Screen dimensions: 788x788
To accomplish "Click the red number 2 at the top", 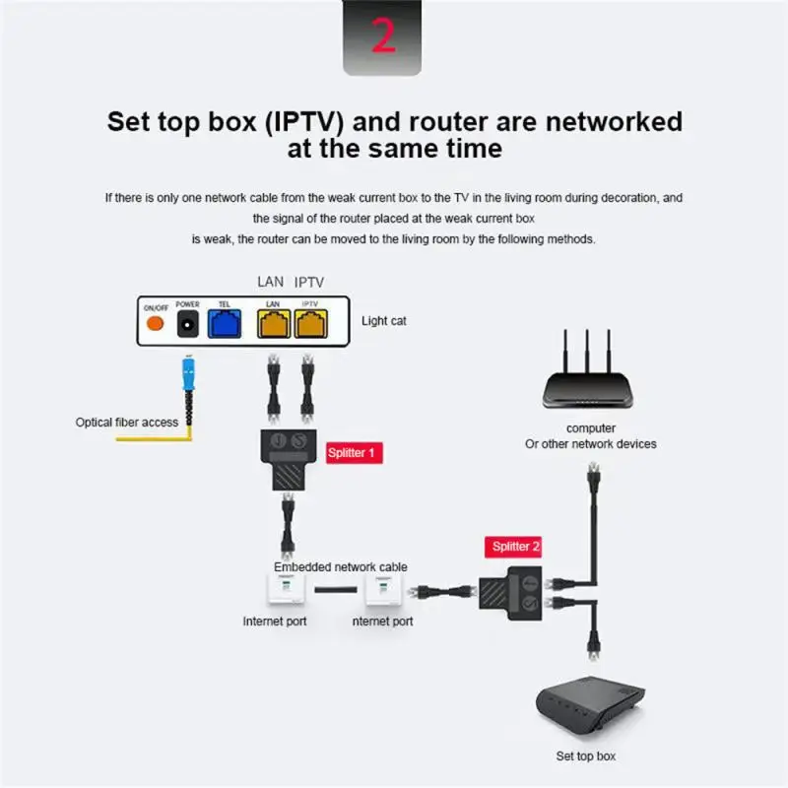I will click(383, 36).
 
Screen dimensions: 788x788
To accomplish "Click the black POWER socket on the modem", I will click(187, 325).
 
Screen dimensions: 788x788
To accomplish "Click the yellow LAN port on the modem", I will click(273, 325).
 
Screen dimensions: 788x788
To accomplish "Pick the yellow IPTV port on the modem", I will click(310, 325).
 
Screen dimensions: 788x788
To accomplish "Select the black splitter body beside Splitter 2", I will click(511, 590).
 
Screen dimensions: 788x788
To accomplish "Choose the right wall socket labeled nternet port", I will click(381, 590).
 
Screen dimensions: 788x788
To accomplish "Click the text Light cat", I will click(384, 321).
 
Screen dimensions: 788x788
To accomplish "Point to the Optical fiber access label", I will click(127, 422).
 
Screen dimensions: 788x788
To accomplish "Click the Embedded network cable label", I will click(340, 567).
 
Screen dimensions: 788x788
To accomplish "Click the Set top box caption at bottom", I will click(586, 756).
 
